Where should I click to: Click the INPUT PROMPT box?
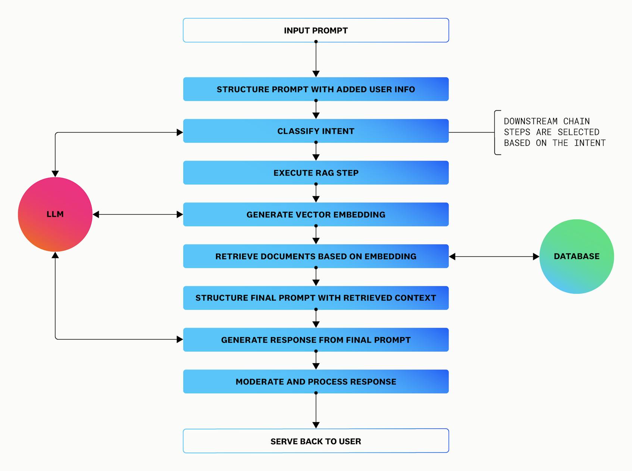click(x=316, y=30)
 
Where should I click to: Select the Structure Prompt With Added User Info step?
click(x=316, y=89)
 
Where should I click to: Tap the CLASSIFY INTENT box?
click(x=316, y=131)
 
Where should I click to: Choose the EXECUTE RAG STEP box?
click(x=316, y=173)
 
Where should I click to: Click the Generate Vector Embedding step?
click(x=316, y=214)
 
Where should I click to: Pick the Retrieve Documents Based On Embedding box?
click(x=316, y=256)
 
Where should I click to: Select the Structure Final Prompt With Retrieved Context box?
click(x=316, y=298)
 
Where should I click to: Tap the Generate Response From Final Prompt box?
click(x=316, y=340)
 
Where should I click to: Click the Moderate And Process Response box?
click(x=316, y=381)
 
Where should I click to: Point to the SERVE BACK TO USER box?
click(x=316, y=441)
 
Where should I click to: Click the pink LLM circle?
click(x=55, y=214)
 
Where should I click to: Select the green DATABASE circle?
click(x=576, y=257)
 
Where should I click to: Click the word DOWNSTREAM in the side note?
click(x=531, y=122)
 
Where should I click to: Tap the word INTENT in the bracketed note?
click(x=589, y=143)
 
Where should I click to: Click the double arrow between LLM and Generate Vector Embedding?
click(x=138, y=214)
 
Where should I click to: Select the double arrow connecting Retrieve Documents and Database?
click(x=494, y=257)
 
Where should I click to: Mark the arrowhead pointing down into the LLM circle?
click(x=55, y=174)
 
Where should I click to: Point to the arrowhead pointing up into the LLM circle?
click(x=55, y=255)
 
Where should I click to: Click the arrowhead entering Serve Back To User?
click(x=316, y=425)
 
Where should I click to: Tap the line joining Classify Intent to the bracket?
click(x=472, y=132)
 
